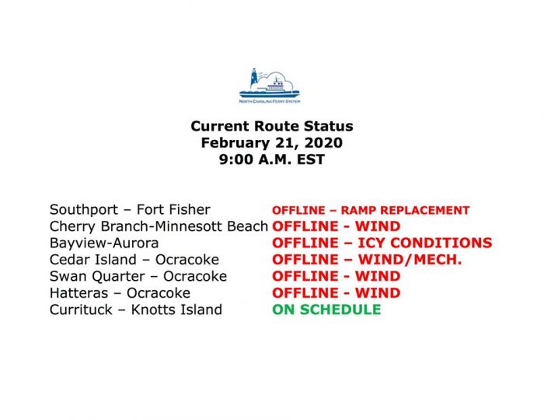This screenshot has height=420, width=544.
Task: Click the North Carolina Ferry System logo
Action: (270, 86)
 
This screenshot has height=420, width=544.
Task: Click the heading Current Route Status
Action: (272, 126)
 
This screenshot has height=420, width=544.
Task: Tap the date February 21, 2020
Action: (272, 142)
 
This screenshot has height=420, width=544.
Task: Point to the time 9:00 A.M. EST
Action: (272, 159)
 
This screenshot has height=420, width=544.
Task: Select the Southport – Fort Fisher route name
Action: (130, 210)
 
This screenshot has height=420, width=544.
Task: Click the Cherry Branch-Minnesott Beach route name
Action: (159, 226)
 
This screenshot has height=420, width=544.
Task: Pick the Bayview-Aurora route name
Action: (104, 243)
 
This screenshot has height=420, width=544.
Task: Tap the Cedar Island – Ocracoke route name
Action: (134, 260)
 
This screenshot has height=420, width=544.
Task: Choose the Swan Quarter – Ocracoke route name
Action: (138, 276)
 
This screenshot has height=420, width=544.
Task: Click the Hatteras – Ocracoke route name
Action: (120, 293)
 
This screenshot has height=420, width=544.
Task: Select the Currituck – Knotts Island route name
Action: (136, 310)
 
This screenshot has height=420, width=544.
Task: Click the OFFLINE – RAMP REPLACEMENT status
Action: (371, 210)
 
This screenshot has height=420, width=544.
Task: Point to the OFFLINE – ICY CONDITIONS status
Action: (382, 243)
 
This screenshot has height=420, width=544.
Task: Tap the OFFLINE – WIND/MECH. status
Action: (367, 260)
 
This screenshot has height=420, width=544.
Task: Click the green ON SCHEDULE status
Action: (326, 310)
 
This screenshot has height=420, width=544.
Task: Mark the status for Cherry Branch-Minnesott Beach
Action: (337, 226)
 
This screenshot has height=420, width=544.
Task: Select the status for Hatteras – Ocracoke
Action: (337, 293)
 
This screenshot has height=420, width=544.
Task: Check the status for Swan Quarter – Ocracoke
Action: (337, 276)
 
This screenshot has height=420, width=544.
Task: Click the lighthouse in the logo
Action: (254, 78)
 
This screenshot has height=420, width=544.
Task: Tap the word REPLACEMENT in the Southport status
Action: (425, 210)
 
